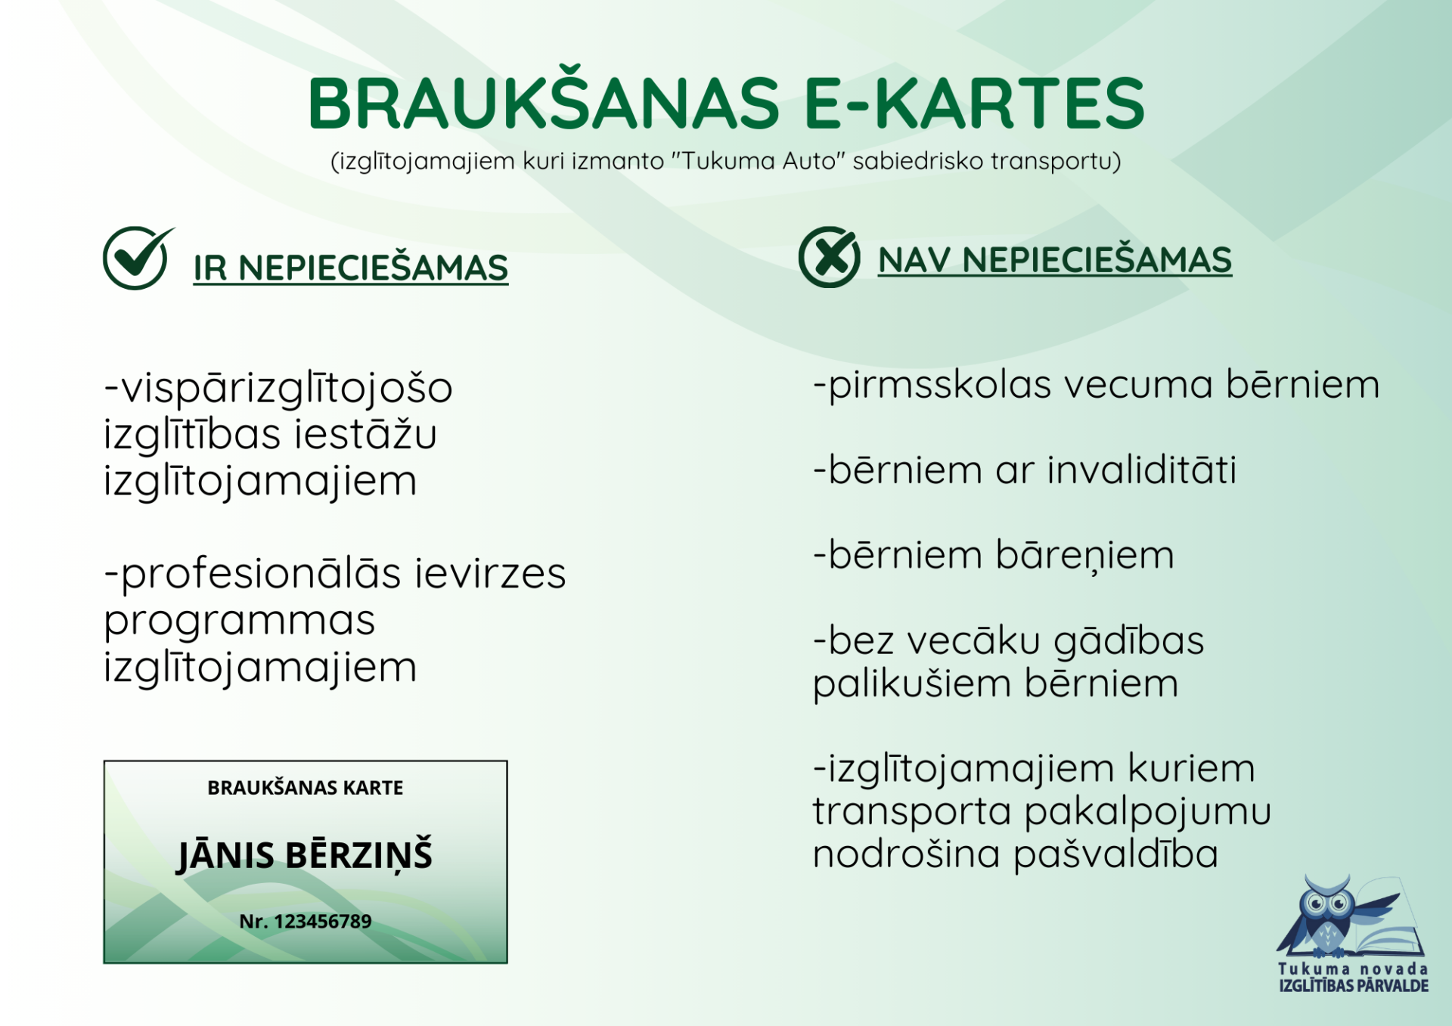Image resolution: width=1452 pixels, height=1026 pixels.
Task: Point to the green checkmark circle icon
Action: tap(138, 258)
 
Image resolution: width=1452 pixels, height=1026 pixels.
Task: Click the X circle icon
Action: tap(829, 257)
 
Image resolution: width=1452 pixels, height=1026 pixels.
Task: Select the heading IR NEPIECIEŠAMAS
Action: tap(351, 268)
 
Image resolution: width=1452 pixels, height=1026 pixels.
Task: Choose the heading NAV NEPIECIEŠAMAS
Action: tap(1055, 259)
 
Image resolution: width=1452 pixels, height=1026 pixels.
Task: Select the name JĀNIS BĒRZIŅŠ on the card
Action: tap(304, 855)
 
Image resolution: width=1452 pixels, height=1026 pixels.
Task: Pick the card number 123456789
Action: tap(323, 921)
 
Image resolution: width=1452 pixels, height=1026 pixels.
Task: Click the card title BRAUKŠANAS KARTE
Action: tap(306, 787)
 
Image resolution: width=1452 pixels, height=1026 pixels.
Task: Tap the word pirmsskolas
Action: tap(940, 385)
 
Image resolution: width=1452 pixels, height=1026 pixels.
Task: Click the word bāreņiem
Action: tap(1084, 555)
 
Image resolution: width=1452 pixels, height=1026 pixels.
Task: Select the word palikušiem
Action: tap(912, 683)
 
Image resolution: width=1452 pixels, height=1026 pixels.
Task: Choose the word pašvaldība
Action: tap(1115, 854)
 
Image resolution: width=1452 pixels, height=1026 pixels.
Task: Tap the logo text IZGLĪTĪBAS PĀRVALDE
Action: tap(1354, 985)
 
